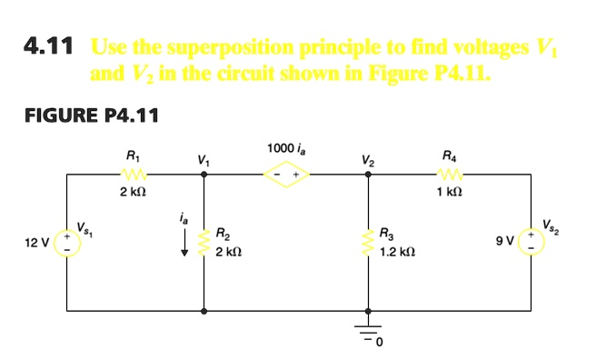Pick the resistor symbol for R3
coord(368,241)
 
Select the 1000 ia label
coord(284,147)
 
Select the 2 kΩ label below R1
coord(133,193)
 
